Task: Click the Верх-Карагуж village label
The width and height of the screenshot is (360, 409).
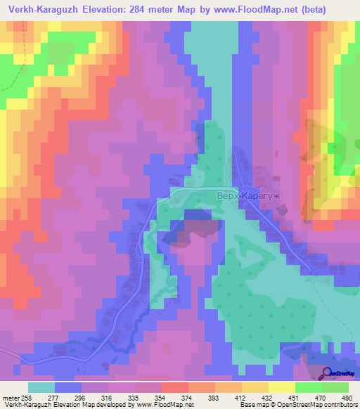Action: [241, 197]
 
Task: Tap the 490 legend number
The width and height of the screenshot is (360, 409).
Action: [347, 397]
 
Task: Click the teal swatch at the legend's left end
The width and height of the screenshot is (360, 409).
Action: [41, 387]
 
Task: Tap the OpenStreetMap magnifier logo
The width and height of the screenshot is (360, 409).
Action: [328, 374]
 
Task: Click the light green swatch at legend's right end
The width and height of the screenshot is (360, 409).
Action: [336, 387]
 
